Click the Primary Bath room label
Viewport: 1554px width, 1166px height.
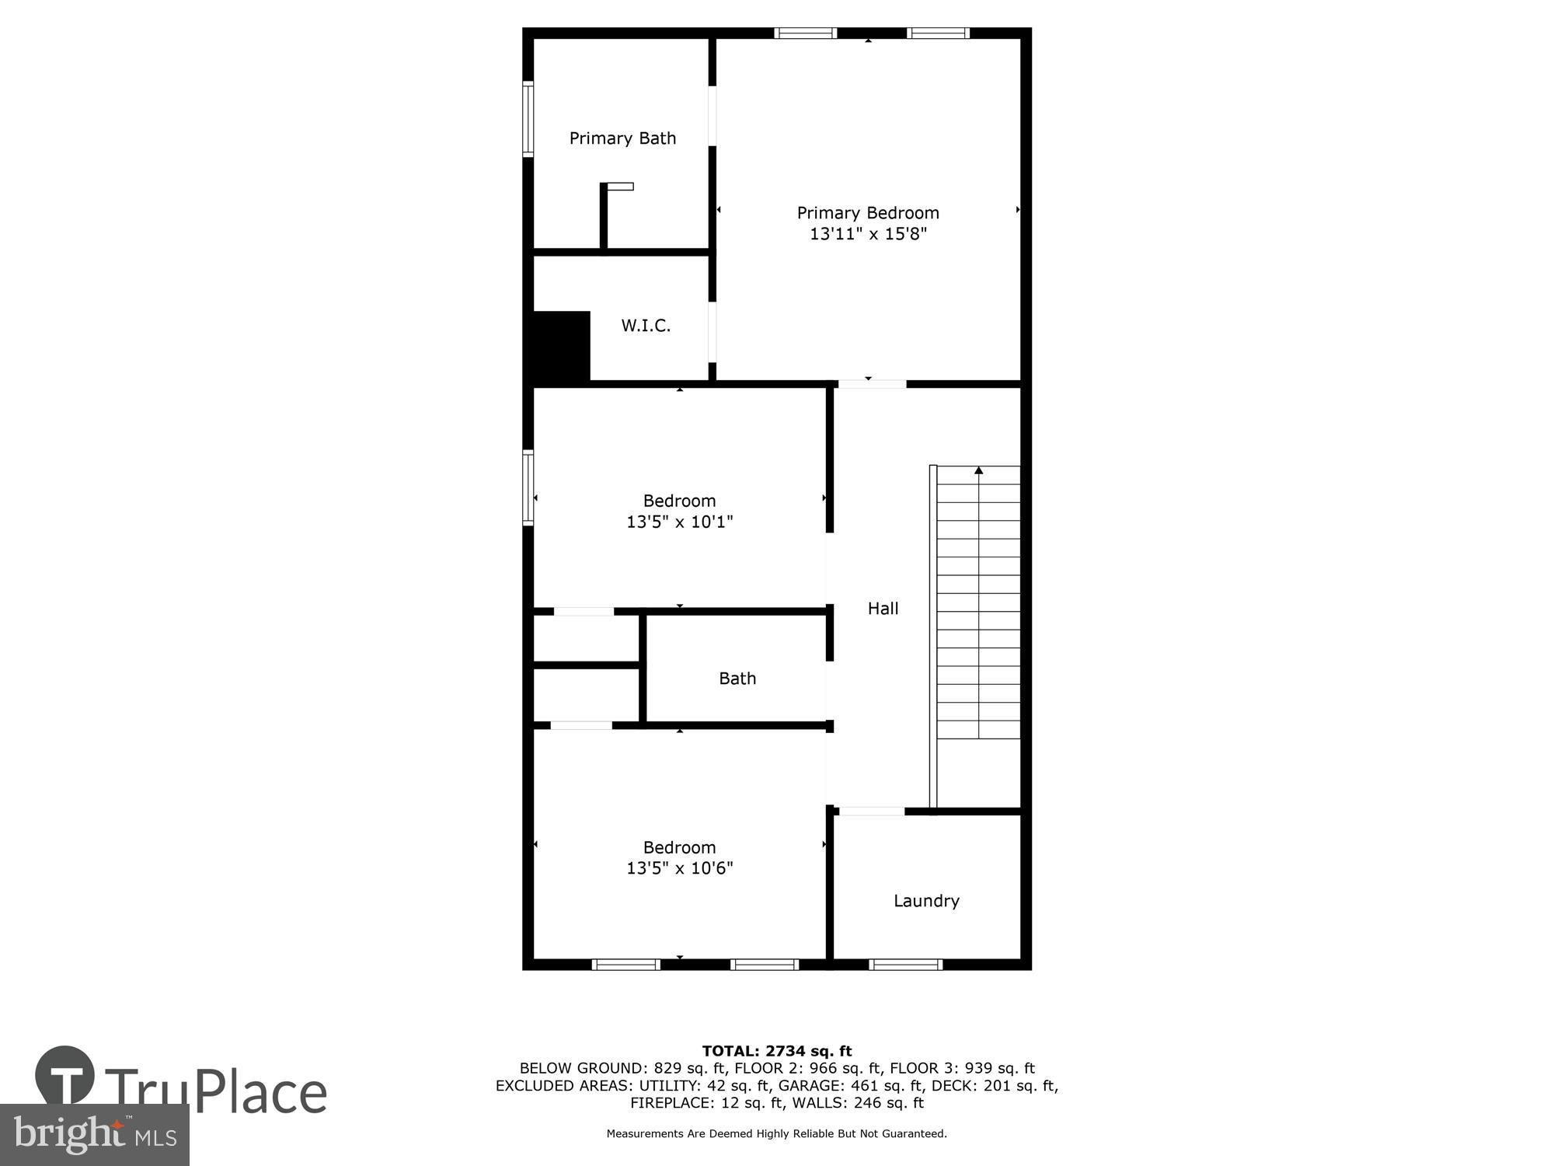click(622, 138)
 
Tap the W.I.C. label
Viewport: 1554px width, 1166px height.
click(646, 326)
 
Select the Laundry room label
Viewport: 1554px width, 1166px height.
click(926, 901)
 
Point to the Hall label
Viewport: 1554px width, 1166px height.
click(883, 609)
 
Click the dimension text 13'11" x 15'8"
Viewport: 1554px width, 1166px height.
click(868, 234)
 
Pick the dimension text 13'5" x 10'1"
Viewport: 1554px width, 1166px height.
click(680, 522)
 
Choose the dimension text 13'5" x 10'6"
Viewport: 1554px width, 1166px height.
click(680, 868)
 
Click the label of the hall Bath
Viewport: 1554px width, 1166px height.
click(737, 679)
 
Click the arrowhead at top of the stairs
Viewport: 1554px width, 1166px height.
click(979, 470)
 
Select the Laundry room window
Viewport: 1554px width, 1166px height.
click(905, 965)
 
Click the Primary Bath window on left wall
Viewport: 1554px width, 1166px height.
click(528, 119)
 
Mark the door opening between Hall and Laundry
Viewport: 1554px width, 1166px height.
click(872, 812)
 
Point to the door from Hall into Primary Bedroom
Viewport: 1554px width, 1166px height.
click(872, 383)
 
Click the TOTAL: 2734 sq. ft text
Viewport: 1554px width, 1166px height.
click(777, 1052)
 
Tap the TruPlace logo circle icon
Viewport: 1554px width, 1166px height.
click(65, 1076)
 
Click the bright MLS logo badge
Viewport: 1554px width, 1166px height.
click(94, 1135)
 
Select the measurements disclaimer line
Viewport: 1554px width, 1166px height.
click(777, 1134)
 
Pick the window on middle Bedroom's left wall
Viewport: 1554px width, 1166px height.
click(528, 487)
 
